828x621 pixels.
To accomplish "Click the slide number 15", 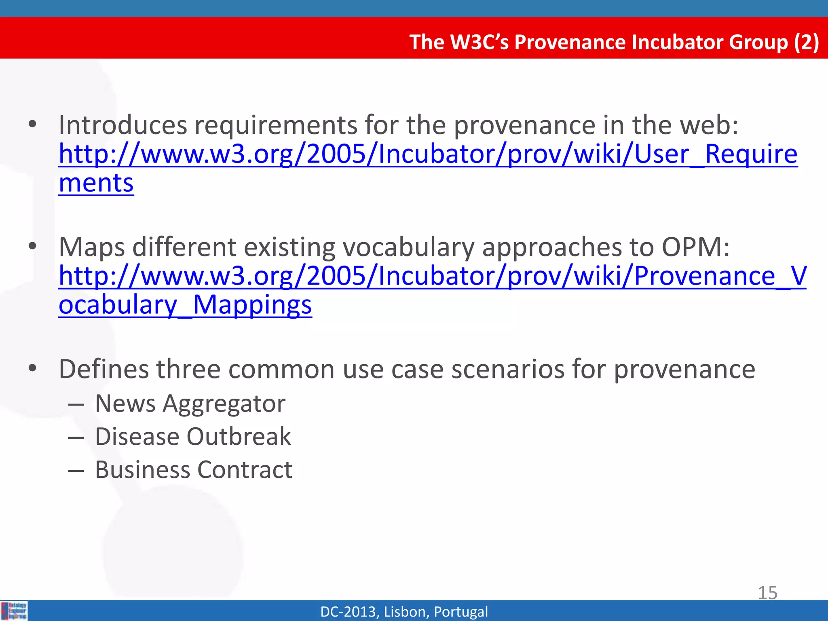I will pos(767,593).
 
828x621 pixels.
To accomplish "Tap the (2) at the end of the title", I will pos(806,42).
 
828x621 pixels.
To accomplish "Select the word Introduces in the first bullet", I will pos(123,125).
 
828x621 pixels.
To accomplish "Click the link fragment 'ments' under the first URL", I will pos(96,183).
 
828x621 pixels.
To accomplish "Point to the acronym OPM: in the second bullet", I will pos(695,247).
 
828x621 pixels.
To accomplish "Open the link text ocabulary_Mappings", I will pos(185,305).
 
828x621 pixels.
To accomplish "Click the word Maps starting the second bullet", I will pos(92,247).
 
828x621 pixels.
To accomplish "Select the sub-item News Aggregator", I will pos(190,403).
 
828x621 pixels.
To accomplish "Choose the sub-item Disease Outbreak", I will pos(193,437).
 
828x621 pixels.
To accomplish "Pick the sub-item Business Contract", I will pos(194,470).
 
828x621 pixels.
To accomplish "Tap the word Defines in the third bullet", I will pos(104,369).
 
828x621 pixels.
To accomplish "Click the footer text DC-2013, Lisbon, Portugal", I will pos(404,612).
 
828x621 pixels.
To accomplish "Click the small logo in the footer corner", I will pos(14,610).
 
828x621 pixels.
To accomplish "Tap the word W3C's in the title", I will pos(479,42).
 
